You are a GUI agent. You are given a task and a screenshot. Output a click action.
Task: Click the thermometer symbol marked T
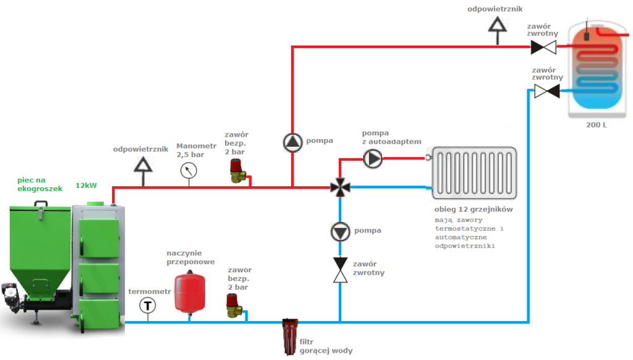148,306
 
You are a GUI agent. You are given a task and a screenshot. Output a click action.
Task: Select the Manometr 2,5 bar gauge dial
189,170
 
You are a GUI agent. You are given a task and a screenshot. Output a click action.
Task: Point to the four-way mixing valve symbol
339,187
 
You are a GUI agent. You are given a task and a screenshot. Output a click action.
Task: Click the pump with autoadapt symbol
373,159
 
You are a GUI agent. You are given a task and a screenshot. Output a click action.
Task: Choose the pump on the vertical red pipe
292,142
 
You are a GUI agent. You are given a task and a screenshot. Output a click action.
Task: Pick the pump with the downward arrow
340,231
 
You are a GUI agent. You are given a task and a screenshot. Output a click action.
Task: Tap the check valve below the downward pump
340,270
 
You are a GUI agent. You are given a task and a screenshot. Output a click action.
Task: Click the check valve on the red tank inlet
544,46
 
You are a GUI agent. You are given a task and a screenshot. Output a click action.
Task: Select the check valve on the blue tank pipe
546,92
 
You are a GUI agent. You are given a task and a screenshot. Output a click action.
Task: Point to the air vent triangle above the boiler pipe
144,165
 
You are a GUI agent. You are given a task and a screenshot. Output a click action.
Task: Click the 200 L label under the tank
597,125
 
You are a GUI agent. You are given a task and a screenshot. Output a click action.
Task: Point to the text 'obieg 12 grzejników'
473,209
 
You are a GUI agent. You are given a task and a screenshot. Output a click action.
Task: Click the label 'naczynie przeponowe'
191,257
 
